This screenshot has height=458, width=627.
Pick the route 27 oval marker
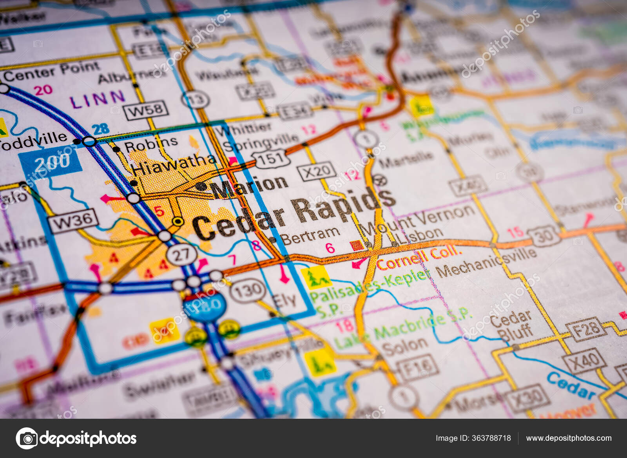coord(181,254)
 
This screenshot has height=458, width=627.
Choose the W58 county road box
coord(146,110)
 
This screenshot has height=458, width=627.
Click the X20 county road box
coord(317,171)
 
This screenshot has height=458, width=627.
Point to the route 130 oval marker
coord(248,291)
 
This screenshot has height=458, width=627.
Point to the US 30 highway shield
coord(544,236)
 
